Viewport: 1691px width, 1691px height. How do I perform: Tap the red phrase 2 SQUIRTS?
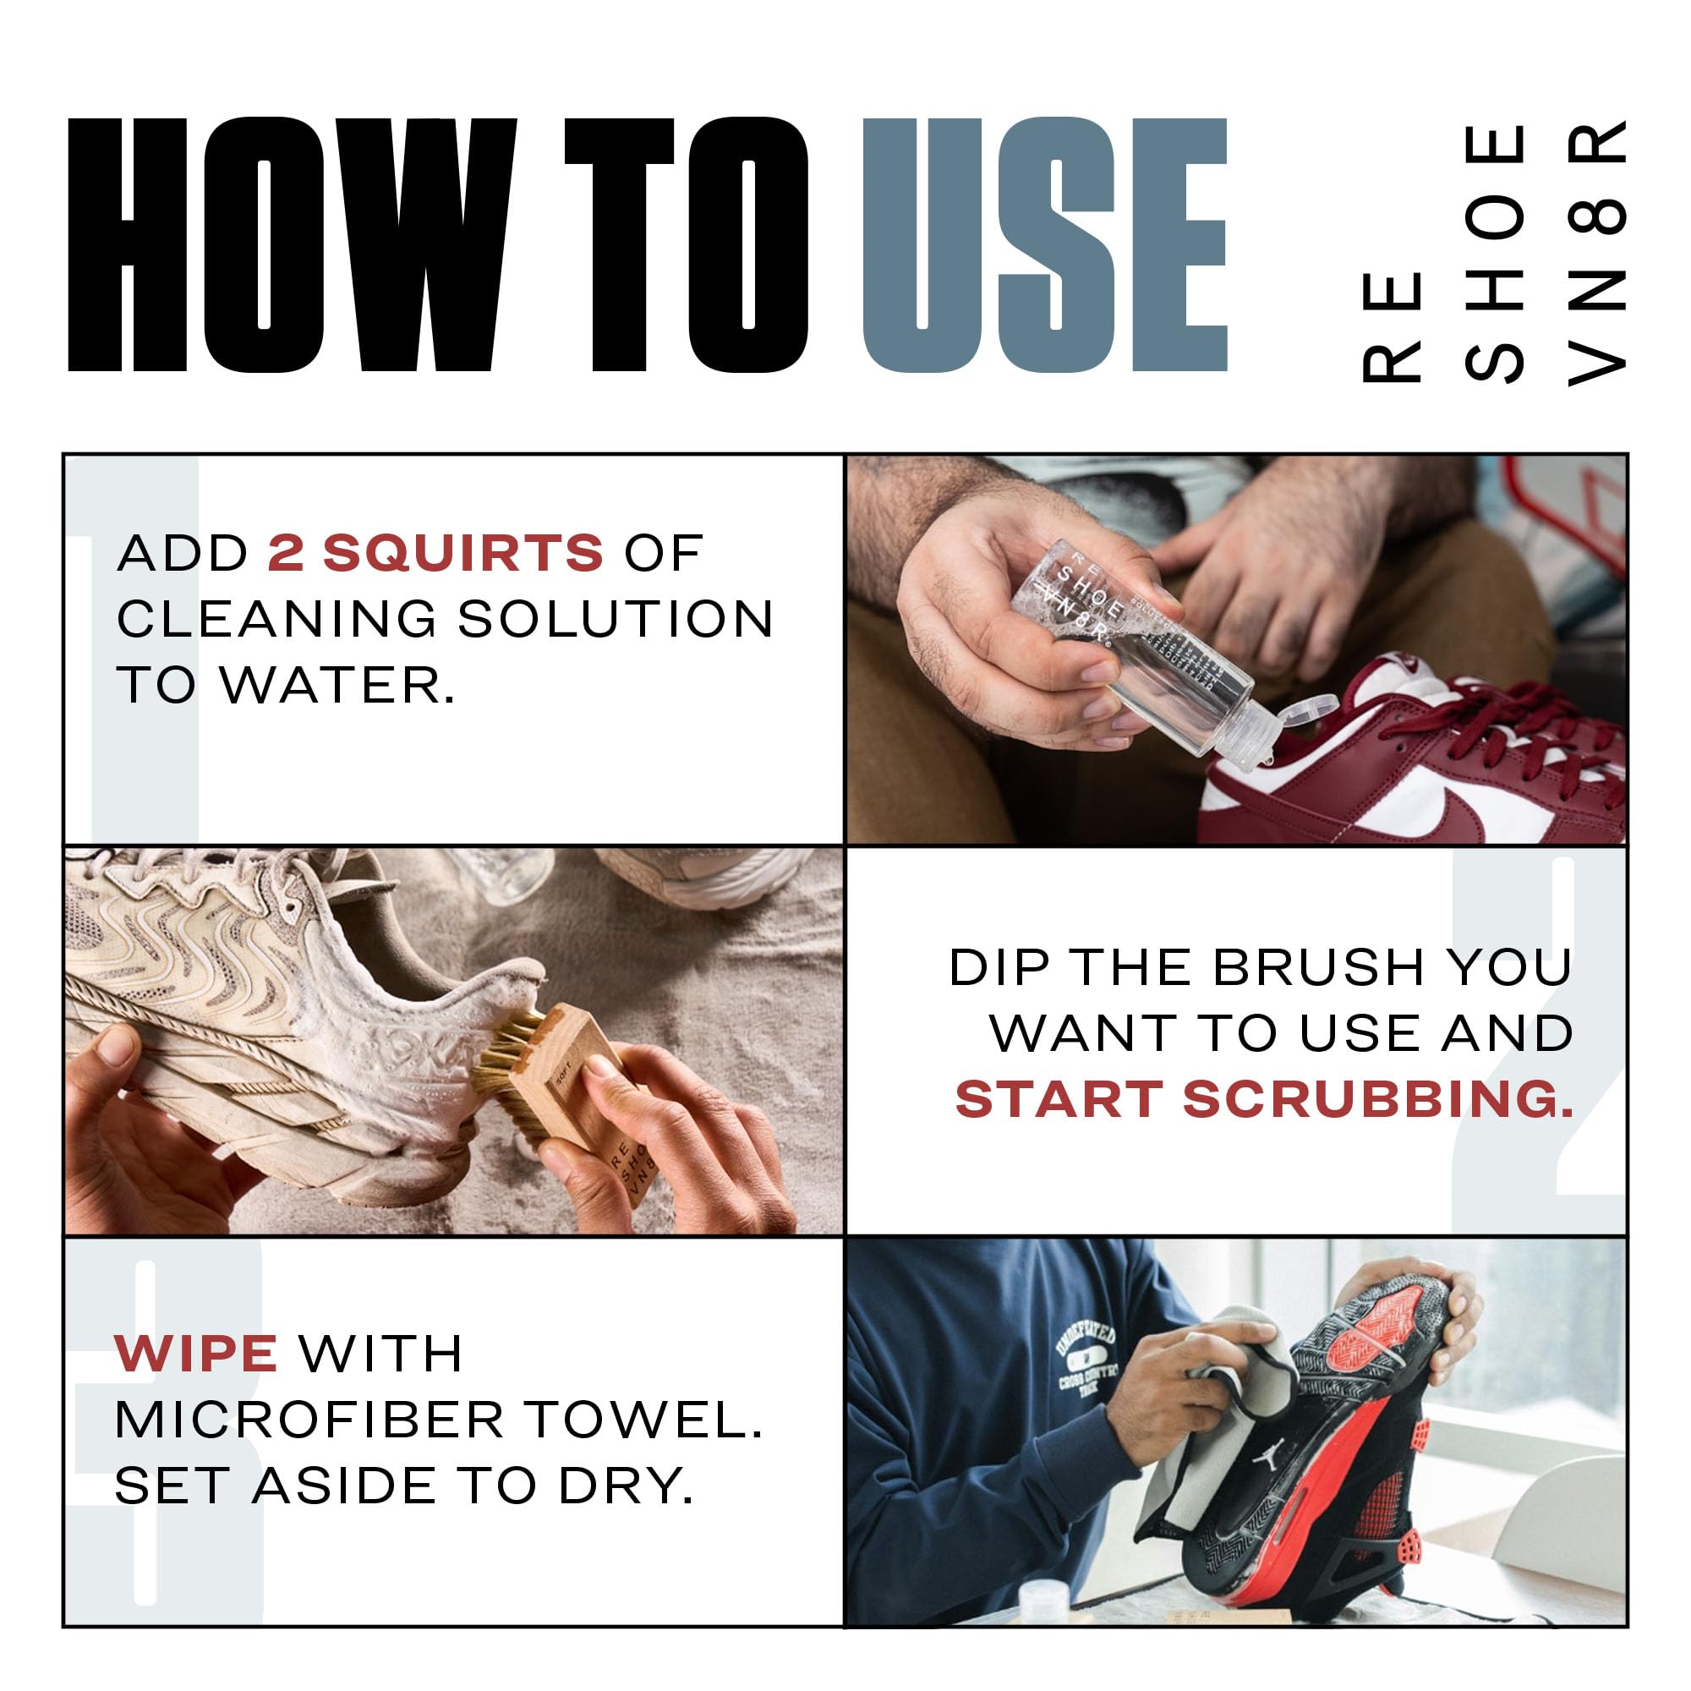[435, 553]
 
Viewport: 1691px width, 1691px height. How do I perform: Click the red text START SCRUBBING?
[1264, 1099]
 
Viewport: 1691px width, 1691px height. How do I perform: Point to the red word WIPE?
[196, 1354]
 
